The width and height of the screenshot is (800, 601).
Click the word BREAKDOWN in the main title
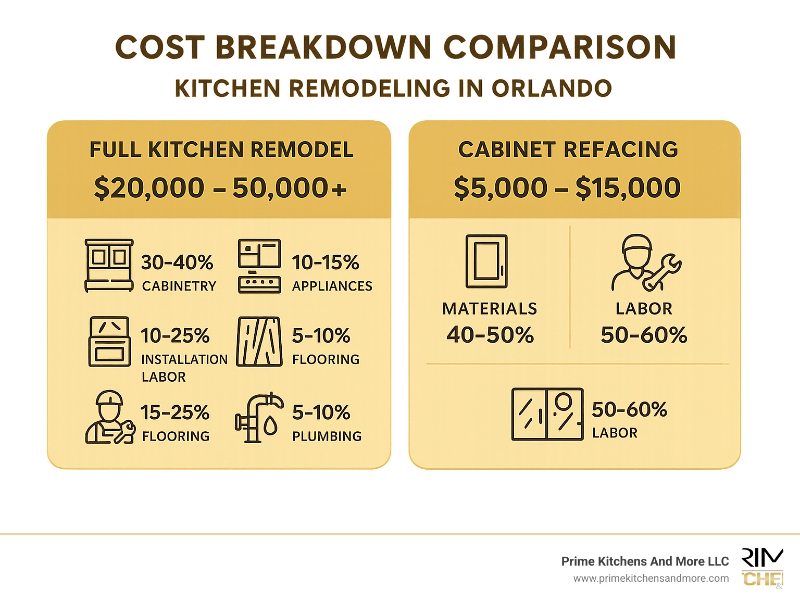[x=323, y=47]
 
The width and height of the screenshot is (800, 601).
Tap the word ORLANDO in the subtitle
[x=552, y=89]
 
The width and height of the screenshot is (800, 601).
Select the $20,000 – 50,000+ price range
[x=220, y=188]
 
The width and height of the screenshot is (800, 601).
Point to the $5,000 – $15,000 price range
[x=567, y=188]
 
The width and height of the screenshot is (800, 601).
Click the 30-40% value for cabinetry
[x=177, y=262]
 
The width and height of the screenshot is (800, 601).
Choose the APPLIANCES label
[x=332, y=286]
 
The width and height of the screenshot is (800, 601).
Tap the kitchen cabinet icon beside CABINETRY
[x=109, y=266]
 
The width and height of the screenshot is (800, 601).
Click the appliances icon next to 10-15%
[x=259, y=266]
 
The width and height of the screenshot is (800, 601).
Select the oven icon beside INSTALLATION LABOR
[x=109, y=342]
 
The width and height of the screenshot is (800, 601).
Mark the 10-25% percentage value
[x=175, y=336]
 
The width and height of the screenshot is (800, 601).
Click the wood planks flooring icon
[x=259, y=342]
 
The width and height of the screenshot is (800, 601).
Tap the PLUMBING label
[x=327, y=436]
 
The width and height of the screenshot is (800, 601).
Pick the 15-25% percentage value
[x=175, y=413]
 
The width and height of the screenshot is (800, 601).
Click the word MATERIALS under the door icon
[x=490, y=309]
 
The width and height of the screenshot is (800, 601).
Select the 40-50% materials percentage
[x=490, y=335]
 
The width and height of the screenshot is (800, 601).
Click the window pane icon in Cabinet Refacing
[x=547, y=415]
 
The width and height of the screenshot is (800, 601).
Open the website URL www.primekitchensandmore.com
[x=651, y=579]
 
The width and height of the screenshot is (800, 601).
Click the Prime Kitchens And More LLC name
[x=645, y=561]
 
